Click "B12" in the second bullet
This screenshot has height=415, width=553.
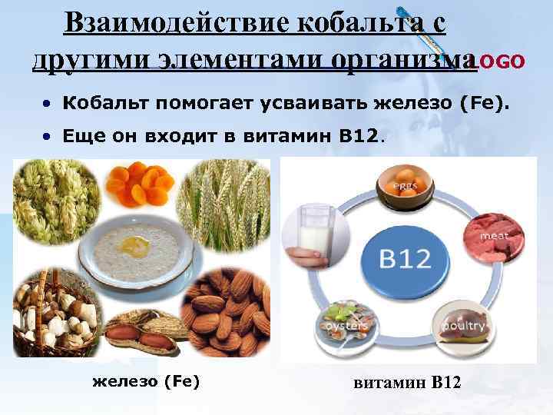tap(359, 137)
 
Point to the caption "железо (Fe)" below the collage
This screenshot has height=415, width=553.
tap(145, 379)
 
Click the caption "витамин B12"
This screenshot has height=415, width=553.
tap(408, 381)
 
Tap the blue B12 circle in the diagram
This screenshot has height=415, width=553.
tap(406, 259)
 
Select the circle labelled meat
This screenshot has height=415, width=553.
tap(492, 231)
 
